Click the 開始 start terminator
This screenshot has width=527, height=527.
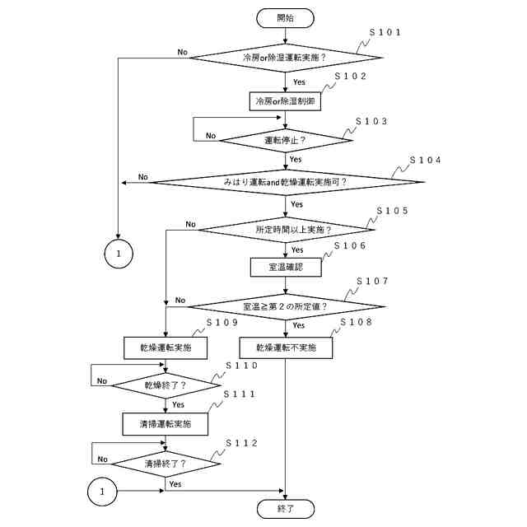tap(285, 16)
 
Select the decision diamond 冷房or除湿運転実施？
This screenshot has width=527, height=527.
tap(285, 58)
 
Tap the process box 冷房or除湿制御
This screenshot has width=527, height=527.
tap(285, 101)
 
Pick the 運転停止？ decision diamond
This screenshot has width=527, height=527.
tap(285, 139)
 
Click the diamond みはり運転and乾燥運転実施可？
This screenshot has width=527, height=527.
tap(285, 181)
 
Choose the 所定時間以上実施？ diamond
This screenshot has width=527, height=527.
tap(285, 229)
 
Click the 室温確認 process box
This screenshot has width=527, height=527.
tap(285, 268)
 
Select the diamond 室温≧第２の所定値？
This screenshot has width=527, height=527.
tap(285, 306)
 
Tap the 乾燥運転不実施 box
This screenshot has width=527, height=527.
tap(285, 347)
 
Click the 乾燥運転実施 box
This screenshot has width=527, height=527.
tap(166, 347)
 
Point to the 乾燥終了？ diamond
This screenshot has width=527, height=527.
tap(166, 384)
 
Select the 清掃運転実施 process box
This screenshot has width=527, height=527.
tap(166, 424)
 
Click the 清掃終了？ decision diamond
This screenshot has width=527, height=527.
tap(166, 464)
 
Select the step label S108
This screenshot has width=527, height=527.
tap(356, 323)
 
